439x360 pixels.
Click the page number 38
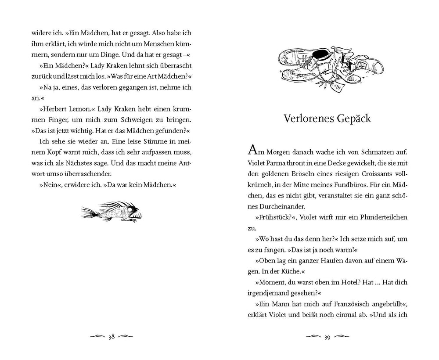pos(112,337)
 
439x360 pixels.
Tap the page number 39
pos(327,337)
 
